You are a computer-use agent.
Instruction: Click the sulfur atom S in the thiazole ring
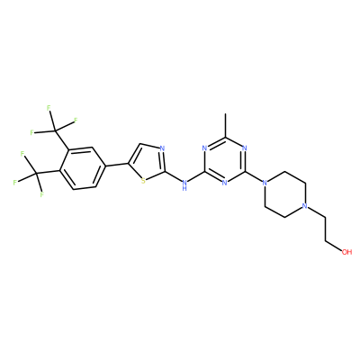coord(143,181)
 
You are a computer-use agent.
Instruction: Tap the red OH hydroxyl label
coord(346,252)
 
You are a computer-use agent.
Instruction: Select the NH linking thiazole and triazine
coord(184,184)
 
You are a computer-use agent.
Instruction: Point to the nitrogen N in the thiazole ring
coord(162,148)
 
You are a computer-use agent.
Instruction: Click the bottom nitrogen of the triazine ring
coord(225,183)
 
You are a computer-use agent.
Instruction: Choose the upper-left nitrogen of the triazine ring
coord(204,148)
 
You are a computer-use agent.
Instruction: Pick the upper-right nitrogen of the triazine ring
coord(245,148)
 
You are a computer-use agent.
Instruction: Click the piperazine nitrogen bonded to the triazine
coord(265,183)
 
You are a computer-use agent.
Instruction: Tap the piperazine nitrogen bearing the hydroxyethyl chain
coord(304,206)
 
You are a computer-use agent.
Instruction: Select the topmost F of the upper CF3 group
coord(49,108)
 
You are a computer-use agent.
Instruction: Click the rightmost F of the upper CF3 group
coord(76,121)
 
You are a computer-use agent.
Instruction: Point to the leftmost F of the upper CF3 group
coord(31,132)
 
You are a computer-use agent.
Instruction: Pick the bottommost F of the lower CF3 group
coord(41,195)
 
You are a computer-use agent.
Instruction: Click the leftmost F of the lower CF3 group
coord(14,183)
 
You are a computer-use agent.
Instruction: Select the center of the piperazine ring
coord(284,194)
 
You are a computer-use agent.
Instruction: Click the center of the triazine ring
coord(225,159)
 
